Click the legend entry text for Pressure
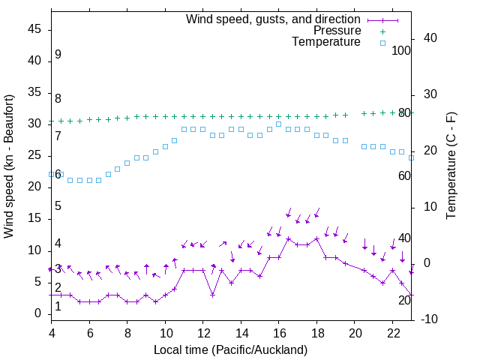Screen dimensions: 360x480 point(337,31)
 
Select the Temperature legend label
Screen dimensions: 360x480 point(326,42)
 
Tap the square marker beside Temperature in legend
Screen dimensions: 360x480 point(382,43)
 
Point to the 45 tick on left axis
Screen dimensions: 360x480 point(34,28)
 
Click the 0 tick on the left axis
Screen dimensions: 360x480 point(38,313)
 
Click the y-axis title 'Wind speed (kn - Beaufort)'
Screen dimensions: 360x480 point(9,166)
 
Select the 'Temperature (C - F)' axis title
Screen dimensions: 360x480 point(451,166)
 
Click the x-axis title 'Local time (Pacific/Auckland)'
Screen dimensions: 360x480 point(230,349)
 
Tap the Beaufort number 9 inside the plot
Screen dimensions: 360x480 point(58,55)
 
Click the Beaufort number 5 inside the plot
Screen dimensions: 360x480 point(58,205)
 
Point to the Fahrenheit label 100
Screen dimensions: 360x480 point(401,50)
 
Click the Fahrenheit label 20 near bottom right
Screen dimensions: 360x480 point(404,300)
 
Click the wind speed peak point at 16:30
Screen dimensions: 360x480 point(288,238)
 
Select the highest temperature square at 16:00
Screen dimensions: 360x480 point(278,124)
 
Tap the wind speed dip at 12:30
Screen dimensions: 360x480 point(212,295)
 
